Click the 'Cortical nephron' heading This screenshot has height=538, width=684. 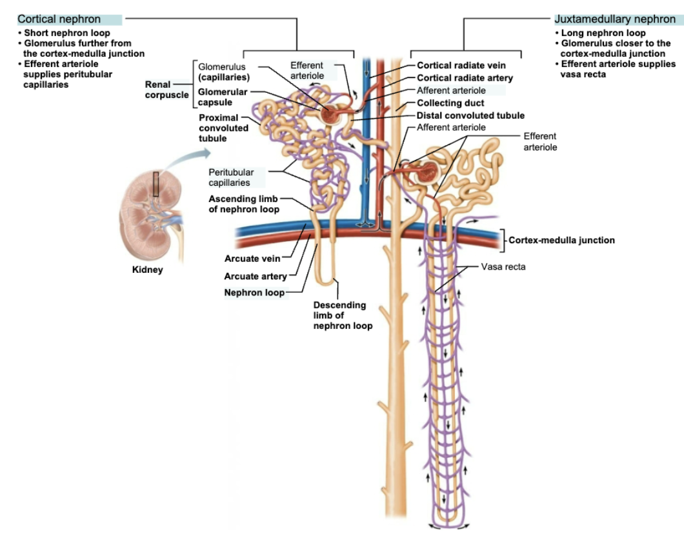[x=59, y=19]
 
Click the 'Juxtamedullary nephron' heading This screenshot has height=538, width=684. [x=615, y=19]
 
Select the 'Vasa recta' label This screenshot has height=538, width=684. [x=503, y=266]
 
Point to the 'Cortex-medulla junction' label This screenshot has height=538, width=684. [x=561, y=240]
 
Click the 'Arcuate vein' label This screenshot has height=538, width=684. [x=252, y=259]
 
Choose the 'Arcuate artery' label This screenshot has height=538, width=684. [x=255, y=277]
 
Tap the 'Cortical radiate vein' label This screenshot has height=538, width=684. [x=461, y=65]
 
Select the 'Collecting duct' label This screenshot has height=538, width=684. [x=450, y=103]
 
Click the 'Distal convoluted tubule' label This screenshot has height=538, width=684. [x=470, y=115]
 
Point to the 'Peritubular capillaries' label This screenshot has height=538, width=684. [x=230, y=177]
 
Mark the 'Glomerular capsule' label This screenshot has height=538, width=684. [x=223, y=97]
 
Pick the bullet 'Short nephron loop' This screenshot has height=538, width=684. [x=67, y=33]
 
